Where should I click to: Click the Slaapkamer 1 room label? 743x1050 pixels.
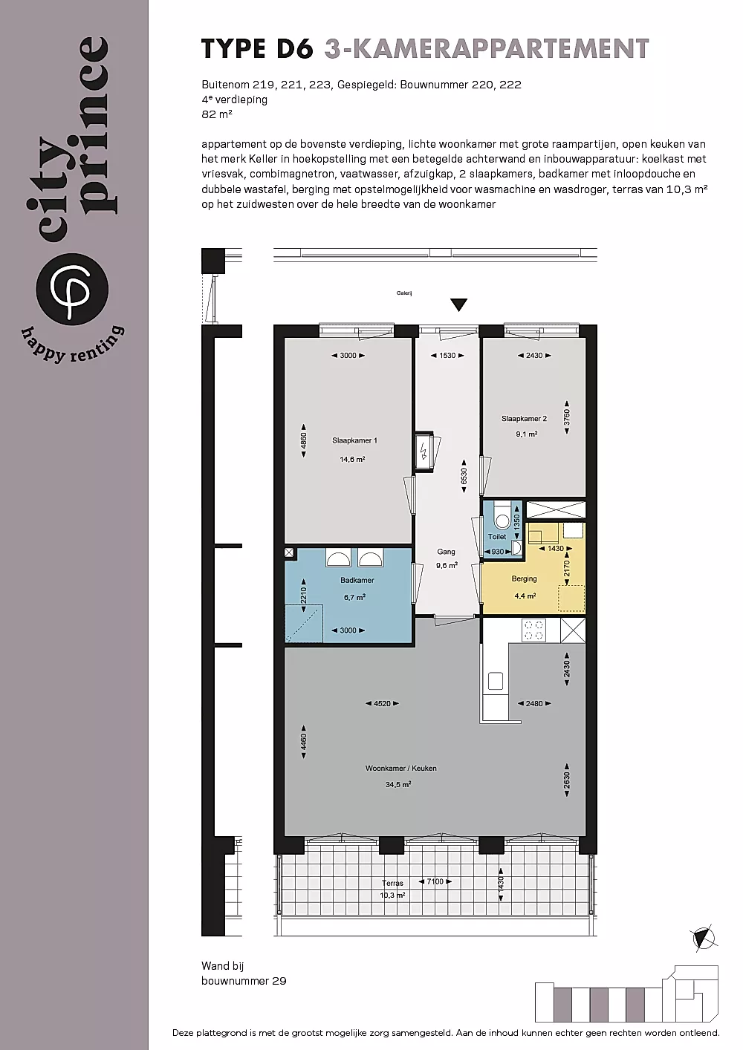tap(354, 440)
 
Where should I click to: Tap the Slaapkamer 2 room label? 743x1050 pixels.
tap(524, 419)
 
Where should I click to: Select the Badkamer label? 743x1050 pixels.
tap(357, 580)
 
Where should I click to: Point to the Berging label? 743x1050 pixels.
tap(524, 579)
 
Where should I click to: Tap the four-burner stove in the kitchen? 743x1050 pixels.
tap(533, 630)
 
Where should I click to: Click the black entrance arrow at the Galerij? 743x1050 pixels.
tap(458, 304)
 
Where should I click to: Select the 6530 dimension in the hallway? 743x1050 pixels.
tap(464, 476)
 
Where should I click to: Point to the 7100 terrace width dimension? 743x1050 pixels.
tap(435, 881)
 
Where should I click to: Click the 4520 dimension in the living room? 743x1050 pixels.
tap(383, 704)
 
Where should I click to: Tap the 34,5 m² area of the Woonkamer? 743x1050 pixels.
tap(398, 785)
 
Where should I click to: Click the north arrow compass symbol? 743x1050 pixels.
tap(704, 939)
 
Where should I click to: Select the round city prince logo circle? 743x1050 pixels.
tap(72, 289)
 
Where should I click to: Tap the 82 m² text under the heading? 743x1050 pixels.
tap(217, 114)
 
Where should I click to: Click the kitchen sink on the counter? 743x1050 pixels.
tap(496, 681)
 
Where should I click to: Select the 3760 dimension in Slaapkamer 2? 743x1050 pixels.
tap(567, 417)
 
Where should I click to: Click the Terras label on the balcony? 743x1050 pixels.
tap(392, 883)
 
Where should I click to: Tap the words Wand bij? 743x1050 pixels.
tap(223, 965)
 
